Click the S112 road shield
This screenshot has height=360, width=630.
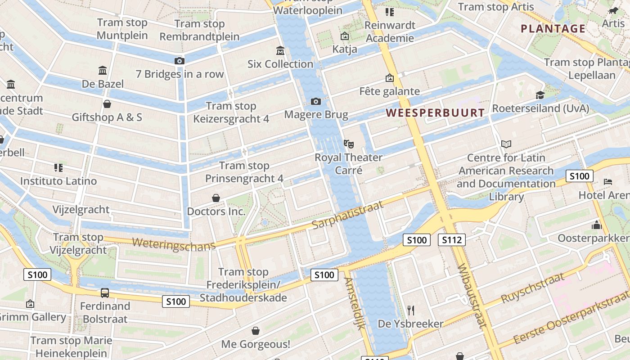point(451,240)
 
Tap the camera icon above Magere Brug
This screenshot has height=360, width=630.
point(316,101)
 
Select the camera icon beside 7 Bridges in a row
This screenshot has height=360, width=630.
point(179,61)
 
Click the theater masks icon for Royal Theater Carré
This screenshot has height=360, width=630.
point(348,144)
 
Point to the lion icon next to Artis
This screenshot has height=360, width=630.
point(612,10)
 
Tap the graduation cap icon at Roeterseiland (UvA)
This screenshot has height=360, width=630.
point(540,95)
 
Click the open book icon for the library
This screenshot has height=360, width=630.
point(506,144)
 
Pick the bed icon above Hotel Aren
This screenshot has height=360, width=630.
point(607,182)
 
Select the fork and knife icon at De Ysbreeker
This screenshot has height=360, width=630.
point(410,310)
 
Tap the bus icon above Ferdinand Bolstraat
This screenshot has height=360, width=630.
point(104,293)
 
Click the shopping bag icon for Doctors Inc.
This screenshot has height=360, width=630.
point(216,198)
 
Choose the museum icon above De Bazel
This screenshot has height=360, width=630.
point(103,71)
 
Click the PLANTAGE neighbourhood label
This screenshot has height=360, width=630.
point(553,29)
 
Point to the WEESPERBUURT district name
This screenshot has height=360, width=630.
point(435,113)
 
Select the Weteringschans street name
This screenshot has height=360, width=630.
point(174,243)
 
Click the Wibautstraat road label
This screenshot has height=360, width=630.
point(472,296)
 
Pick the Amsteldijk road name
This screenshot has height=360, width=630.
point(354,303)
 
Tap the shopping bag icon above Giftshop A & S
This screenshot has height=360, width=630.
point(107,104)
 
